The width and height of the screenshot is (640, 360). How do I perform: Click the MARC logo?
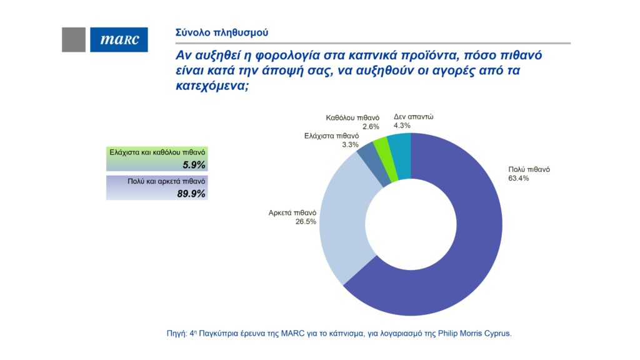pyautogui.click(x=119, y=39)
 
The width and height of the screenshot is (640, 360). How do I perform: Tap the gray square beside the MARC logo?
pyautogui.click(x=74, y=39)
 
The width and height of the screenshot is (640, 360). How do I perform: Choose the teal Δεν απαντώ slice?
pyautogui.click(x=400, y=145)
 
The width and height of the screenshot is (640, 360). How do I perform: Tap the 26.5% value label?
pyautogui.click(x=306, y=221)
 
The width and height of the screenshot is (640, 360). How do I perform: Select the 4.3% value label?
pyautogui.click(x=402, y=126)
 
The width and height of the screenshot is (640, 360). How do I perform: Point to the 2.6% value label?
pyautogui.click(x=352, y=126)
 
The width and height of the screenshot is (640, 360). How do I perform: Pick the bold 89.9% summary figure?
pyautogui.click(x=192, y=193)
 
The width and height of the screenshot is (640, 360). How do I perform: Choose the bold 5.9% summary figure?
pyautogui.click(x=194, y=164)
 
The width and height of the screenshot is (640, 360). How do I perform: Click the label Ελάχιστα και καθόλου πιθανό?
pyautogui.click(x=157, y=152)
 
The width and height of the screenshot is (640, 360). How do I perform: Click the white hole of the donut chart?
pyautogui.click(x=411, y=225)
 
